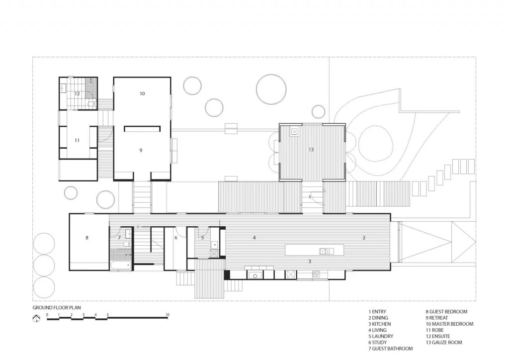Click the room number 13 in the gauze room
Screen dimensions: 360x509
[311, 150]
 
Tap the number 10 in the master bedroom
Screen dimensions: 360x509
[142, 93]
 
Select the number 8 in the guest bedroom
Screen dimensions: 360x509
[87, 238]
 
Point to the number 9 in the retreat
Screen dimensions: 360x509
[141, 150]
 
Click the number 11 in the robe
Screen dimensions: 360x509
[77, 141]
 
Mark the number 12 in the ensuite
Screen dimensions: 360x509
[77, 93]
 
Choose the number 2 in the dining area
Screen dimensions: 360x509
[363, 238]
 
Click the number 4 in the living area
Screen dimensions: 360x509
[254, 238]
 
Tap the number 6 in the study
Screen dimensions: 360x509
[176, 238]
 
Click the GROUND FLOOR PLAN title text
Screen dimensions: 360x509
[56, 308]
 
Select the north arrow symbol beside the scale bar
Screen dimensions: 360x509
[36, 319]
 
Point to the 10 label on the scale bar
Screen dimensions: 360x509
[168, 315]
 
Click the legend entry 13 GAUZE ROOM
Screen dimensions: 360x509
[443, 343]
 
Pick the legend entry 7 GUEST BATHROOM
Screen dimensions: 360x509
[390, 349]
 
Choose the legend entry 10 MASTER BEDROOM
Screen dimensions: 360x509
[449, 324]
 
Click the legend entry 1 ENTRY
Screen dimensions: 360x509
[377, 312]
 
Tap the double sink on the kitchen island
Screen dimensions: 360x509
[326, 251]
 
